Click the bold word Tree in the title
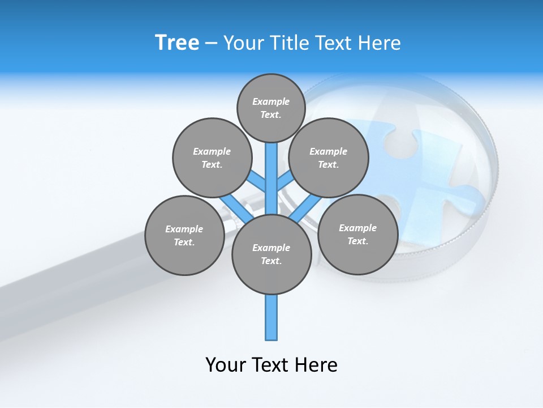[177, 42]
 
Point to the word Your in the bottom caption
[226, 365]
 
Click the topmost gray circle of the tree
[271, 108]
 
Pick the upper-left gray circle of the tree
[212, 158]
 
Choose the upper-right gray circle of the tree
[329, 158]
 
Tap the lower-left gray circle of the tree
[184, 235]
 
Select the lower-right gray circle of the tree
[357, 234]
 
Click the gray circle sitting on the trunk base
[271, 254]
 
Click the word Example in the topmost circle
[270, 101]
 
